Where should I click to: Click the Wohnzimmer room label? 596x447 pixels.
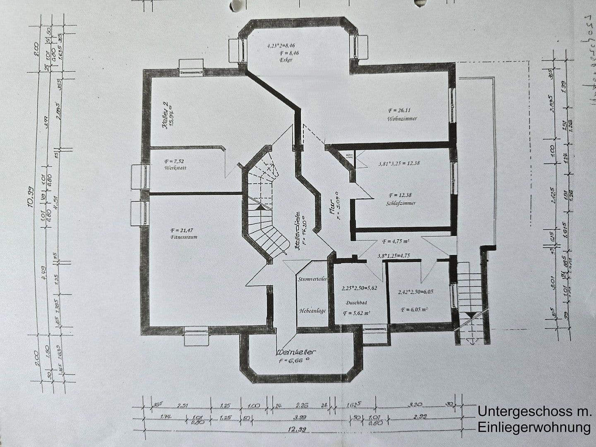point(402,119)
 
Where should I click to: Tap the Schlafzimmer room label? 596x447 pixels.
point(400,203)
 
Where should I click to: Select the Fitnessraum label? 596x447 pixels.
point(183,237)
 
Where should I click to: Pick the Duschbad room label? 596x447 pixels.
point(356,303)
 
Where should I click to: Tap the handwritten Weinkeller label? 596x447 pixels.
point(296,353)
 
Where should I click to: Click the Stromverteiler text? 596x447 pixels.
point(312,279)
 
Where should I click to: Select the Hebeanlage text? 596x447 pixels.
point(312,310)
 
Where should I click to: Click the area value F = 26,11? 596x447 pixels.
point(399,111)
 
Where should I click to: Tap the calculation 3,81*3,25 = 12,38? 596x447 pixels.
point(399,163)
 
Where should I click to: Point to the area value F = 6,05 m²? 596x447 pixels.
point(414,309)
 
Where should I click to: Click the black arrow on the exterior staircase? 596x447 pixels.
point(471,315)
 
